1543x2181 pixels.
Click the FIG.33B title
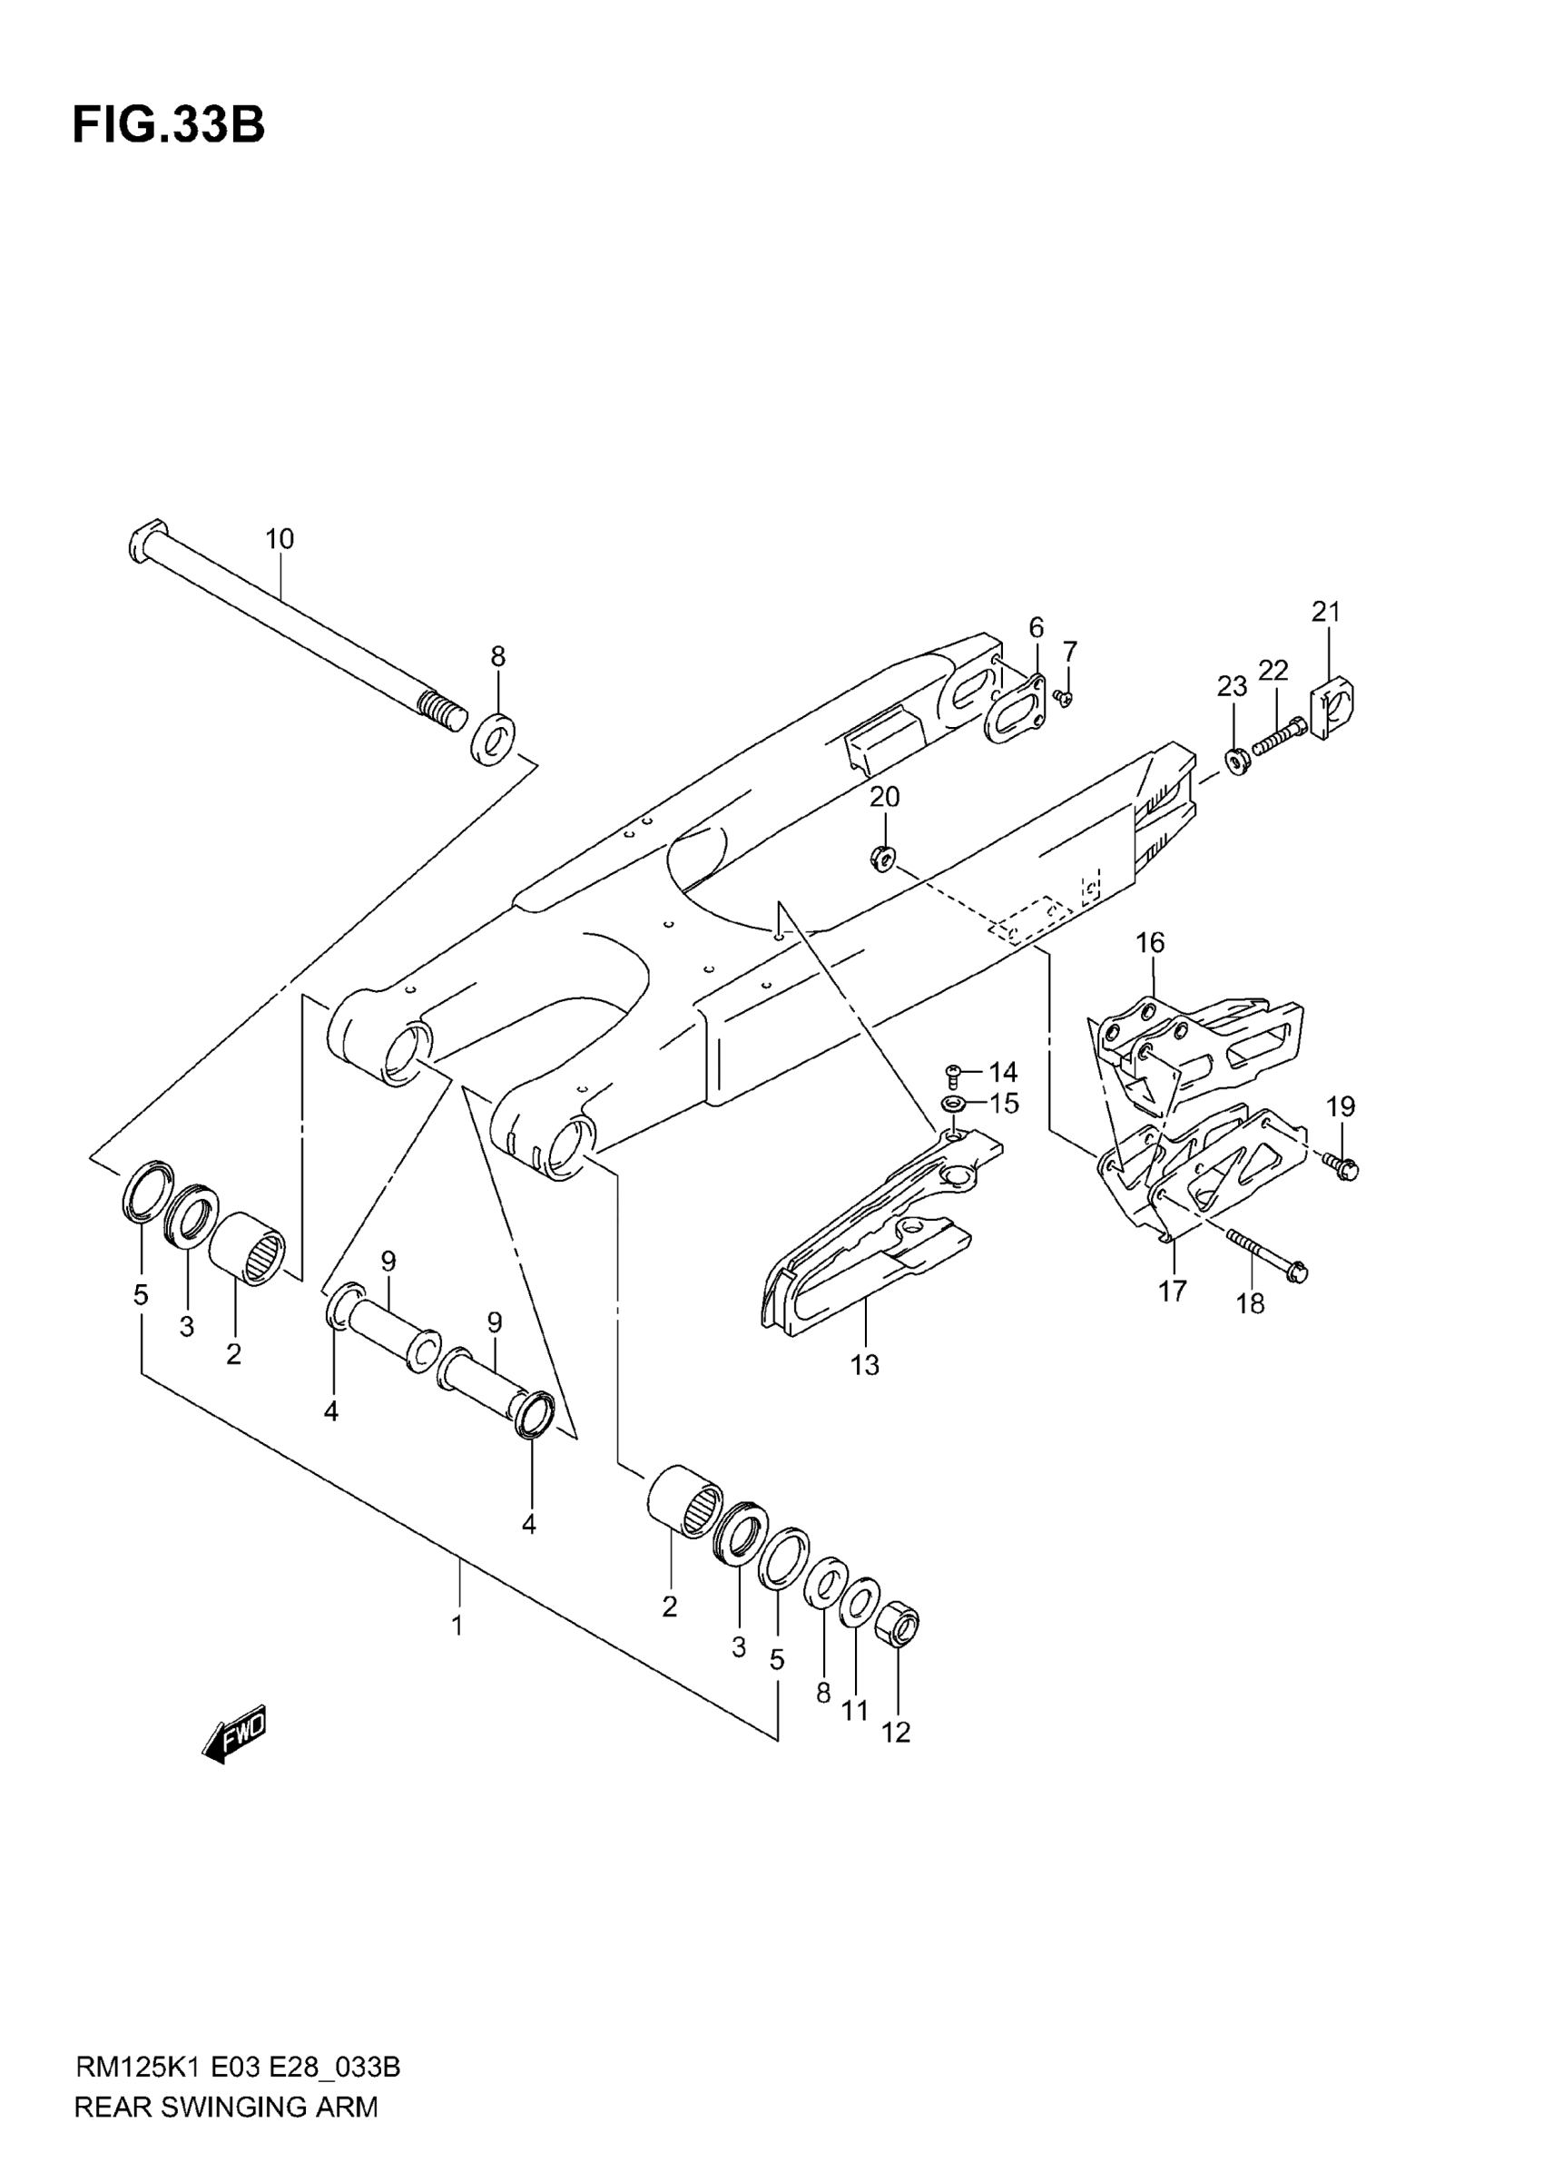(168, 125)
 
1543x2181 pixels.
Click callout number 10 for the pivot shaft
(280, 539)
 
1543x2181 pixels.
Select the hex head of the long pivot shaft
(146, 542)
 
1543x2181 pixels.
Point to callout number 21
(1325, 613)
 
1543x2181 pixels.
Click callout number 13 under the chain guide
(865, 1365)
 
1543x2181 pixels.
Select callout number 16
(1150, 943)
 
